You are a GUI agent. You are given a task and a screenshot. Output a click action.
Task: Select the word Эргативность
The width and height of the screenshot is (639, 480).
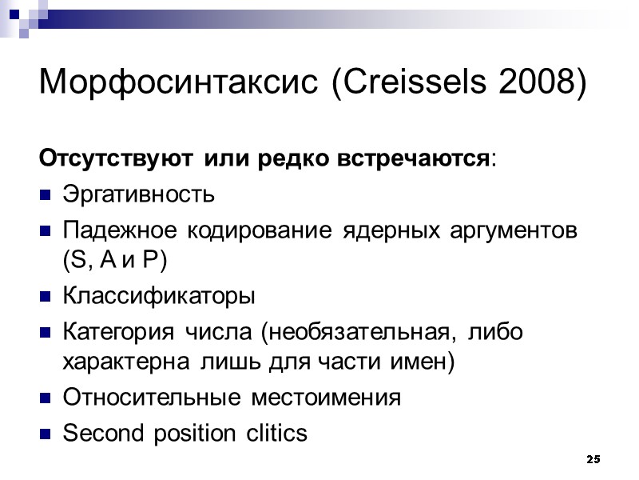pos(138,194)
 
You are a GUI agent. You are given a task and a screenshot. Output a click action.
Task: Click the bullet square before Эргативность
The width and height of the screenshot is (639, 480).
pos(46,195)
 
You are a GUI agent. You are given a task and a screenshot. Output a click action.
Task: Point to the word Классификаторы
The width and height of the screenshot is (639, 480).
pos(158,297)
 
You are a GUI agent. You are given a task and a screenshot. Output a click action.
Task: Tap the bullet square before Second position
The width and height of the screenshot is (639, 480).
pos(46,434)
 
